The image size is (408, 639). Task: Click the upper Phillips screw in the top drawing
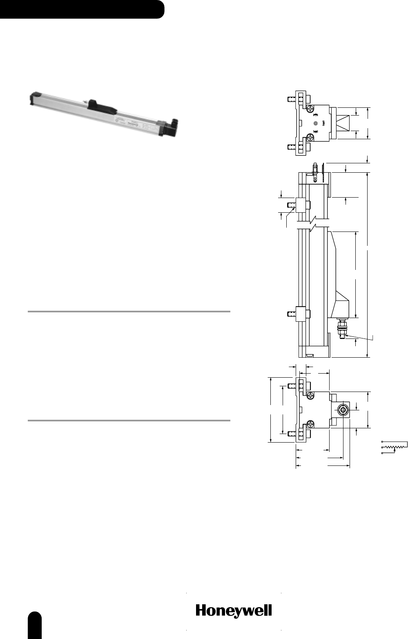310,109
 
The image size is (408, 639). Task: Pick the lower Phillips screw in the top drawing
310,138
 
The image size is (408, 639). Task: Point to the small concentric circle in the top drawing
315,123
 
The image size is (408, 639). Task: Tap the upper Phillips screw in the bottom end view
310,395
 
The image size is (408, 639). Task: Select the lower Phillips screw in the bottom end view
310,424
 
